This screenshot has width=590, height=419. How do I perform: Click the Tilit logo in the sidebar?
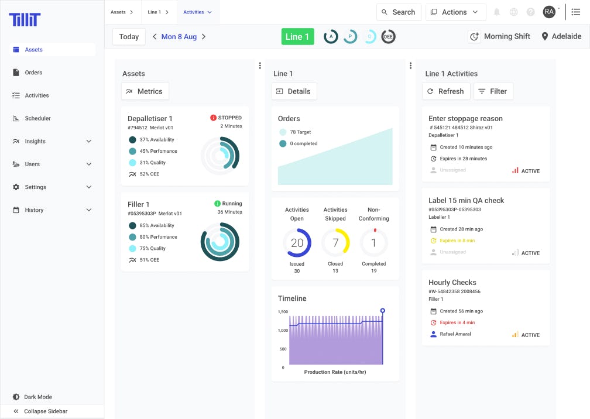pyautogui.click(x=25, y=19)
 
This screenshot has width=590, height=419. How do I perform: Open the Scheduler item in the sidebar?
pyautogui.click(x=37, y=118)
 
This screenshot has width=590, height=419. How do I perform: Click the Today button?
pyautogui.click(x=129, y=36)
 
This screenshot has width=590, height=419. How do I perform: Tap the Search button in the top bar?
pyautogui.click(x=399, y=12)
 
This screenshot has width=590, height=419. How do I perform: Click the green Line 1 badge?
pyautogui.click(x=297, y=36)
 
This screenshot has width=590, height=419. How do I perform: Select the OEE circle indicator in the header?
pyautogui.click(x=388, y=36)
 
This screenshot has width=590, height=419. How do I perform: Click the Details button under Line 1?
pyautogui.click(x=294, y=91)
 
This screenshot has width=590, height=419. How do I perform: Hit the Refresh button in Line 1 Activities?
pyautogui.click(x=445, y=91)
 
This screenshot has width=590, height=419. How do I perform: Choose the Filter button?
pyautogui.click(x=492, y=91)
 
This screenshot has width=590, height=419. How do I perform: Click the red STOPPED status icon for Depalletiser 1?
pyautogui.click(x=214, y=118)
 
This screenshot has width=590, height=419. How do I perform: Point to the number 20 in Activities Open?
pyautogui.click(x=297, y=243)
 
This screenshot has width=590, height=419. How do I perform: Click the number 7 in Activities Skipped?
pyautogui.click(x=335, y=243)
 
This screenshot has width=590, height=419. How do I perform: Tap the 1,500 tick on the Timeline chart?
pyautogui.click(x=282, y=312)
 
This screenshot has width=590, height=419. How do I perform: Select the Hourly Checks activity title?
pyautogui.click(x=452, y=282)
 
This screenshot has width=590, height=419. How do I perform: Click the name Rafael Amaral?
pyautogui.click(x=455, y=334)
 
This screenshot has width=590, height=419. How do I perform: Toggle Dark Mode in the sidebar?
pyautogui.click(x=37, y=397)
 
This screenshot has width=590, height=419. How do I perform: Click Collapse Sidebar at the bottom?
pyautogui.click(x=45, y=411)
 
